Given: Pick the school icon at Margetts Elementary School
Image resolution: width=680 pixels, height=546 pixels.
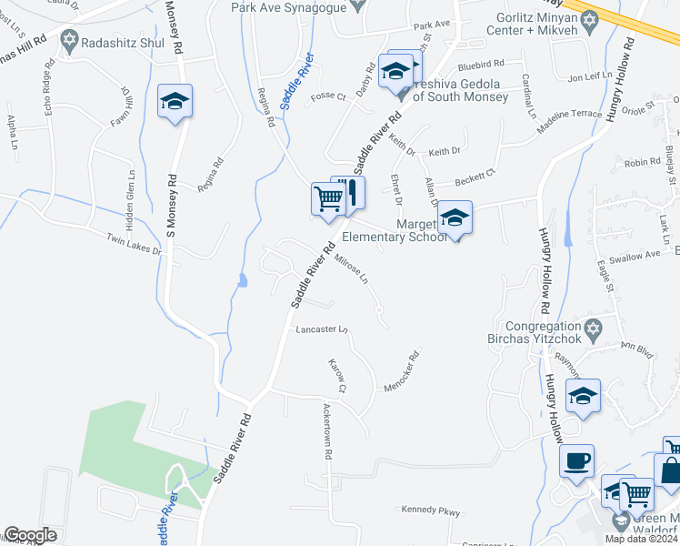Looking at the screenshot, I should (455, 219).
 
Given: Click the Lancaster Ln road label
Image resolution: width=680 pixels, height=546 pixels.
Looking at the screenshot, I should (321, 329).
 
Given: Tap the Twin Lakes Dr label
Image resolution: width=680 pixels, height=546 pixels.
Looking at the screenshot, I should (134, 244).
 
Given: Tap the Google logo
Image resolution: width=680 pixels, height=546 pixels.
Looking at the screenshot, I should (30, 535).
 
